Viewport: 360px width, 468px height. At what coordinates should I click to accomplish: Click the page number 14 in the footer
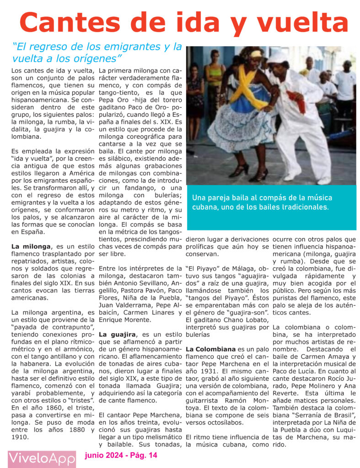pos(152,455)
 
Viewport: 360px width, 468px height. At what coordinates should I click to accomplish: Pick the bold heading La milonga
pos(31,247)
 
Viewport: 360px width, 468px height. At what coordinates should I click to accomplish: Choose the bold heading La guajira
pos(118,335)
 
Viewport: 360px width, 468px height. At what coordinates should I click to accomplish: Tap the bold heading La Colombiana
pos(211,350)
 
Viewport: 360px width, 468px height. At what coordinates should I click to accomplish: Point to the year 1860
pos(49,407)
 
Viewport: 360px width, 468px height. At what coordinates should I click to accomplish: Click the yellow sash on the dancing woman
pos(249,87)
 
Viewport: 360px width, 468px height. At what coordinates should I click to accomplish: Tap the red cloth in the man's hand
pos(296,101)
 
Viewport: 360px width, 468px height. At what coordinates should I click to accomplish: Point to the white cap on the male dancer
pos(278,57)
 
